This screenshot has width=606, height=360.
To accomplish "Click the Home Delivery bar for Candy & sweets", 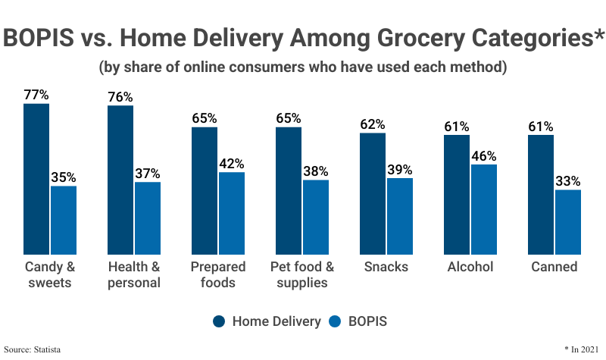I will pos(36,179).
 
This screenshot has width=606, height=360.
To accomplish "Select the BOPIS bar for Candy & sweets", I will pos(64,220).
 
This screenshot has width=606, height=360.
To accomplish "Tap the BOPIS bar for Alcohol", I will pos(483,209).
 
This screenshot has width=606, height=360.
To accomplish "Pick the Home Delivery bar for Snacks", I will pos(373,193).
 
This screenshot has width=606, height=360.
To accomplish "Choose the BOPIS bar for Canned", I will pos(567,221).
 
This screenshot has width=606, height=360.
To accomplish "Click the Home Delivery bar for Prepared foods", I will pos(205,190).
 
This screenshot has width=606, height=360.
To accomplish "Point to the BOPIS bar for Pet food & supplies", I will pos(316,217).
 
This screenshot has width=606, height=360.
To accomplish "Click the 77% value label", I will pos(36,95).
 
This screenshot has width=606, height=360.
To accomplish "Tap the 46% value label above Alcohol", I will pos(483,156).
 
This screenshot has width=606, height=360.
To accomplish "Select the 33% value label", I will pos(567,181).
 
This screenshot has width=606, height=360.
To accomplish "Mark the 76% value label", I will pos(120,97).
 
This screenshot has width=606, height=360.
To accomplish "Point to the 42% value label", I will pos(232,164).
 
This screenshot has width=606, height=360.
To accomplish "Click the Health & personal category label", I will pos(134,274).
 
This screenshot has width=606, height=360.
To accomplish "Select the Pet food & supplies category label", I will pos(302,274).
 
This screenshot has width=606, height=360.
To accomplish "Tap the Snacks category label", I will pos(386,267).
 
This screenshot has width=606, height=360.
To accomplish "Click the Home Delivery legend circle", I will pos(220,321).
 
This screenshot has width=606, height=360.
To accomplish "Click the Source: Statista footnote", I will pos(32,349).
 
